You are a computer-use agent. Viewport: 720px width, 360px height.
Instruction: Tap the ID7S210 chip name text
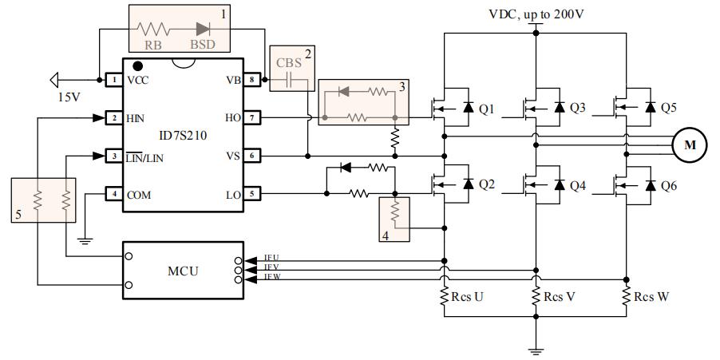pyautogui.click(x=182, y=136)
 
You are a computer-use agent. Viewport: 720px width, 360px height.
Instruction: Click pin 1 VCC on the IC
pyautogui.click(x=114, y=80)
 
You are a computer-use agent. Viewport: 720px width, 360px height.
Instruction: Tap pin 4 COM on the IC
pyautogui.click(x=114, y=194)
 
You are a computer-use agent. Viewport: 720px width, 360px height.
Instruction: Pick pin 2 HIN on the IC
pyautogui.click(x=114, y=118)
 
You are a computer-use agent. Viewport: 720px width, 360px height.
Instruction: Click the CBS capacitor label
pyautogui.click(x=289, y=61)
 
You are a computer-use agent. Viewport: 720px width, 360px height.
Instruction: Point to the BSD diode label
pyautogui.click(x=204, y=46)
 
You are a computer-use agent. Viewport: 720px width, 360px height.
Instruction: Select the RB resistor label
pyautogui.click(x=154, y=46)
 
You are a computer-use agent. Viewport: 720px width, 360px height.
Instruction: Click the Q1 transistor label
pyautogui.click(x=486, y=109)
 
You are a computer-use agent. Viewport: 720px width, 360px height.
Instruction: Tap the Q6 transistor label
pyautogui.click(x=668, y=185)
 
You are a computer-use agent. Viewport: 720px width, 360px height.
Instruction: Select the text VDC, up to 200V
pyautogui.click(x=536, y=14)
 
